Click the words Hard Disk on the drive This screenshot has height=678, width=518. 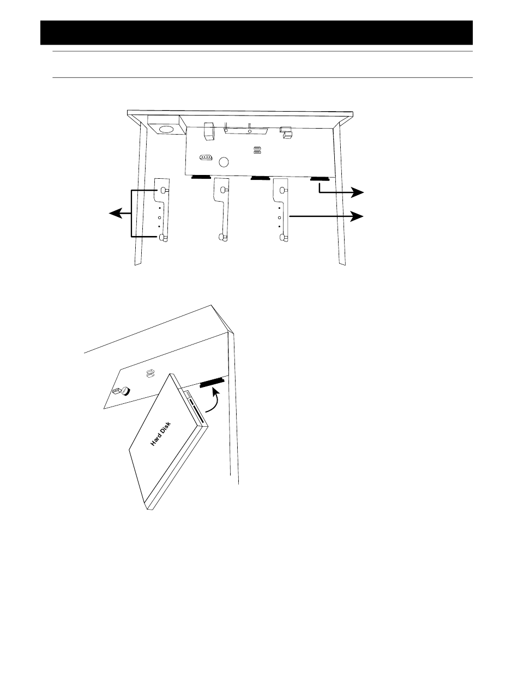[160, 434]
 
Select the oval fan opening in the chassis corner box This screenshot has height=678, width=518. [166, 129]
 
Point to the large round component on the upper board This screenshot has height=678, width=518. [224, 162]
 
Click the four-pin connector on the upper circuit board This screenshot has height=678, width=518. [206, 158]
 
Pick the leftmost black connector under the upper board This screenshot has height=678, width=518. [201, 177]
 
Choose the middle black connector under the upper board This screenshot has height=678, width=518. [261, 178]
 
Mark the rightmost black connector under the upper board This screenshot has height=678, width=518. [320, 179]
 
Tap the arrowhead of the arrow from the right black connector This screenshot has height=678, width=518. [358, 192]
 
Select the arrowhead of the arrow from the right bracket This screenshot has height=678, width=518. [358, 216]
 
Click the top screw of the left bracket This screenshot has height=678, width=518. [164, 191]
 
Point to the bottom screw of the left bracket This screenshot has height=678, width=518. [163, 238]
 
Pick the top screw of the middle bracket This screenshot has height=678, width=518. [224, 190]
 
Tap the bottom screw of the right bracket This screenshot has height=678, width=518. [283, 237]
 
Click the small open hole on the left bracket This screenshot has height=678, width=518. [159, 217]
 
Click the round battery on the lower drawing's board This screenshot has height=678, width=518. [125, 391]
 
